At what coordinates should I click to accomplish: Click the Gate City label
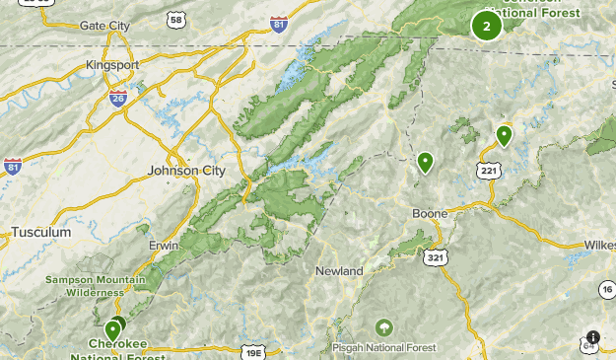(105, 25)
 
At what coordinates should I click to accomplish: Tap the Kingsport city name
(111, 65)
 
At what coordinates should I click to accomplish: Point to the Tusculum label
(41, 233)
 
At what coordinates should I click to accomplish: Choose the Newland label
(339, 271)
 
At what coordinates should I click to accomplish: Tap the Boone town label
(430, 213)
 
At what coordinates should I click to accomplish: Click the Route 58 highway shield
(175, 19)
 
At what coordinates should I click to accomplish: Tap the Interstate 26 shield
(118, 98)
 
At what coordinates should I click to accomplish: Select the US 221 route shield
(490, 171)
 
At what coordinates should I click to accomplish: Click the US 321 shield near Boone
(434, 256)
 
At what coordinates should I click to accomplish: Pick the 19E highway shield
(253, 352)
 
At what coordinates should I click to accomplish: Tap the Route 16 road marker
(606, 288)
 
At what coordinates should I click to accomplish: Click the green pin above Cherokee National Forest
(113, 329)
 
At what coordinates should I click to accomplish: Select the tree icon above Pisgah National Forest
(383, 326)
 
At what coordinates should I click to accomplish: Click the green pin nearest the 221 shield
(504, 135)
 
